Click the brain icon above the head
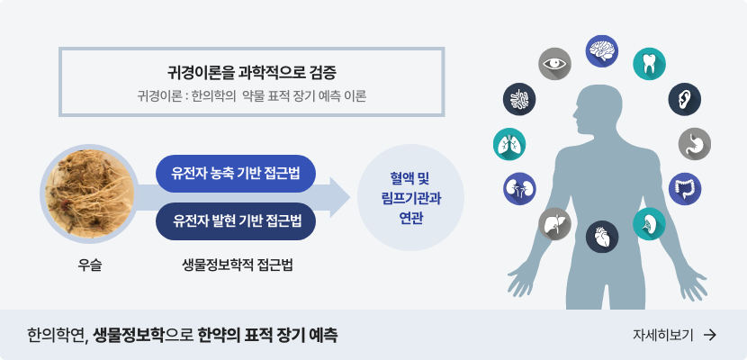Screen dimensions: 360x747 602,50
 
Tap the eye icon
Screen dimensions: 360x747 555,64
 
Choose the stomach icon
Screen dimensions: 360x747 694,142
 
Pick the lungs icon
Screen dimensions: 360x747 509,143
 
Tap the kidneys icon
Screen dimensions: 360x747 519,188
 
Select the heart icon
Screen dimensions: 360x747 602,237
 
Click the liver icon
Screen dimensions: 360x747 554,223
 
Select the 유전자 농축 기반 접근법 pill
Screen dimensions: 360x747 236,171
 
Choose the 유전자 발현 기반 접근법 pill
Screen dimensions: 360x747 236,219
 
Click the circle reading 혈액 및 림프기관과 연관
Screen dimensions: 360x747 409,195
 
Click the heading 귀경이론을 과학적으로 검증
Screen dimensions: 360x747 251,72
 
